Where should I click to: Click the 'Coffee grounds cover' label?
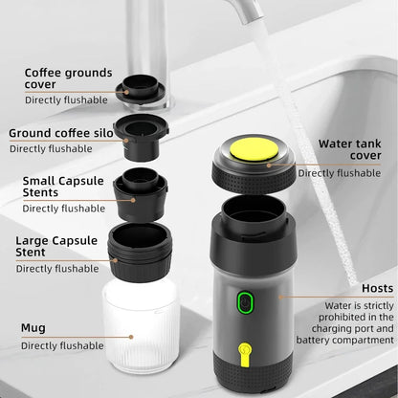tap(68, 78)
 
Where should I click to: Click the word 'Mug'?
tap(33, 327)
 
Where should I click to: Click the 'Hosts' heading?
tap(377, 287)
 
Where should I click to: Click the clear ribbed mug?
tap(141, 322)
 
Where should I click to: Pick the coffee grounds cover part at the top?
tap(140, 90)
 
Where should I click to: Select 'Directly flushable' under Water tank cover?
tap(338, 173)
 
